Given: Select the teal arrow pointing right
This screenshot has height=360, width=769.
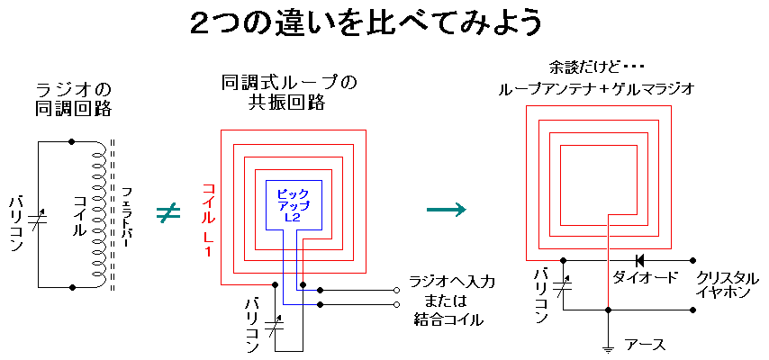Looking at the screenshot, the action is coord(447,209).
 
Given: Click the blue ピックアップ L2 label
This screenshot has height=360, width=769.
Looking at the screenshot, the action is coord(291,205).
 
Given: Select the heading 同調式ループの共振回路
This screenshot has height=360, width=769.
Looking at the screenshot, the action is coord(288,93).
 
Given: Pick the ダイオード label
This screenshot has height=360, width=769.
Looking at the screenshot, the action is coord(645,278).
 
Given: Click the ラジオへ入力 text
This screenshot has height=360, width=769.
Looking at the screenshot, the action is coord(451,282).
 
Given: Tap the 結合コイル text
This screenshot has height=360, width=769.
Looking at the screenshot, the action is coord(448,319).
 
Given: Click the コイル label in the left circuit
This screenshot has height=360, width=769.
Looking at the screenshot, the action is coord(78,215).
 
